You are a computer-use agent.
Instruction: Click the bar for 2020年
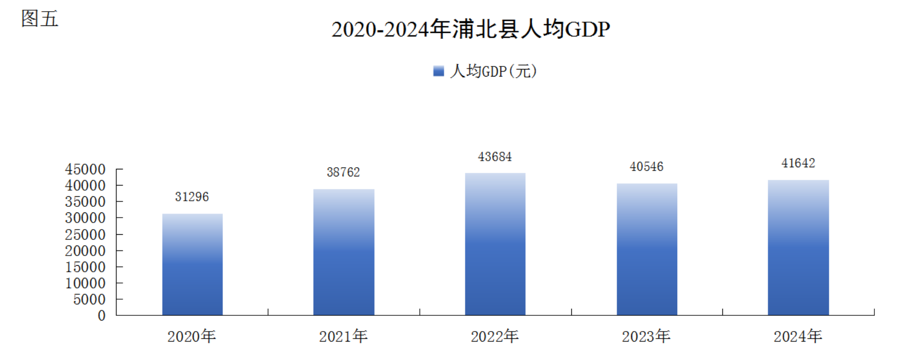pyautogui.click(x=192, y=264)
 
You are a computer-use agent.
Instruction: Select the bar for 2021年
pyautogui.click(x=344, y=252)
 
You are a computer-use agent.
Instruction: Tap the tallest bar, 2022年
pyautogui.click(x=495, y=244)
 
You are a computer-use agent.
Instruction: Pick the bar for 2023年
pyautogui.click(x=647, y=249)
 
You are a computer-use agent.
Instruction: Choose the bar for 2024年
pyautogui.click(x=798, y=247)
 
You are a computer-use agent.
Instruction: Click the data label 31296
pyautogui.click(x=192, y=197)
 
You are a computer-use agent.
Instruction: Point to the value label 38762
pyautogui.click(x=343, y=172)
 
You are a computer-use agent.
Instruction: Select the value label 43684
pyautogui.click(x=495, y=157)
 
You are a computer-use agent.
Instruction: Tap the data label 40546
pyautogui.click(x=646, y=167)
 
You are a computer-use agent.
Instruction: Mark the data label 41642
pyautogui.click(x=798, y=163)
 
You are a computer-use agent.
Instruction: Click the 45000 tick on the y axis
pyautogui.click(x=85, y=169)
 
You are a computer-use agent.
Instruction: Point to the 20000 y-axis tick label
pyautogui.click(x=85, y=251)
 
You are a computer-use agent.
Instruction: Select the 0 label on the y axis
pyautogui.click(x=101, y=316)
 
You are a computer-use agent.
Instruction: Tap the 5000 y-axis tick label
pyautogui.click(x=89, y=300)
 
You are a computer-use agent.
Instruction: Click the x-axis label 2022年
pyautogui.click(x=495, y=336)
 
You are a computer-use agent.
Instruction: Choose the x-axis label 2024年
pyautogui.click(x=798, y=336)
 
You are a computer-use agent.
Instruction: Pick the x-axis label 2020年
pyautogui.click(x=192, y=336)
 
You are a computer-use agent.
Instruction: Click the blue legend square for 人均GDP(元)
pyautogui.click(x=438, y=71)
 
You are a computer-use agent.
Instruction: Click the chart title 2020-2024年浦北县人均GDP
pyautogui.click(x=470, y=29)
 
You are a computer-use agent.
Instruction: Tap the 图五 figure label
pyautogui.click(x=40, y=19)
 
